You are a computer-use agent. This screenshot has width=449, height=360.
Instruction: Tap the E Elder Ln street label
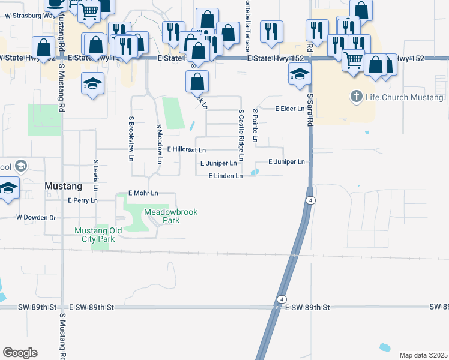tap(290, 109)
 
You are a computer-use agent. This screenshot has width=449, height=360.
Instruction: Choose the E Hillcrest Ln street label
tap(187, 149)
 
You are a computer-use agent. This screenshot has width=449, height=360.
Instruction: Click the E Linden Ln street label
tap(225, 176)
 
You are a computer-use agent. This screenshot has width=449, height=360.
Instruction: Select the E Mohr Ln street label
tap(143, 193)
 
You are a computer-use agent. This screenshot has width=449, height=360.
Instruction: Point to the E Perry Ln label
tap(83, 200)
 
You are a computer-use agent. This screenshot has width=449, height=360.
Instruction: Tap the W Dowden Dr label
tap(36, 217)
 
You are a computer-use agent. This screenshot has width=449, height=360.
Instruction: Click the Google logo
tap(20, 353)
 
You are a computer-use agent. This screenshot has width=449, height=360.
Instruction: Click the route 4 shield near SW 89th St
tap(281, 299)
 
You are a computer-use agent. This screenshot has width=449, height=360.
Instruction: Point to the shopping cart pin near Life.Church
tap(354, 59)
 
